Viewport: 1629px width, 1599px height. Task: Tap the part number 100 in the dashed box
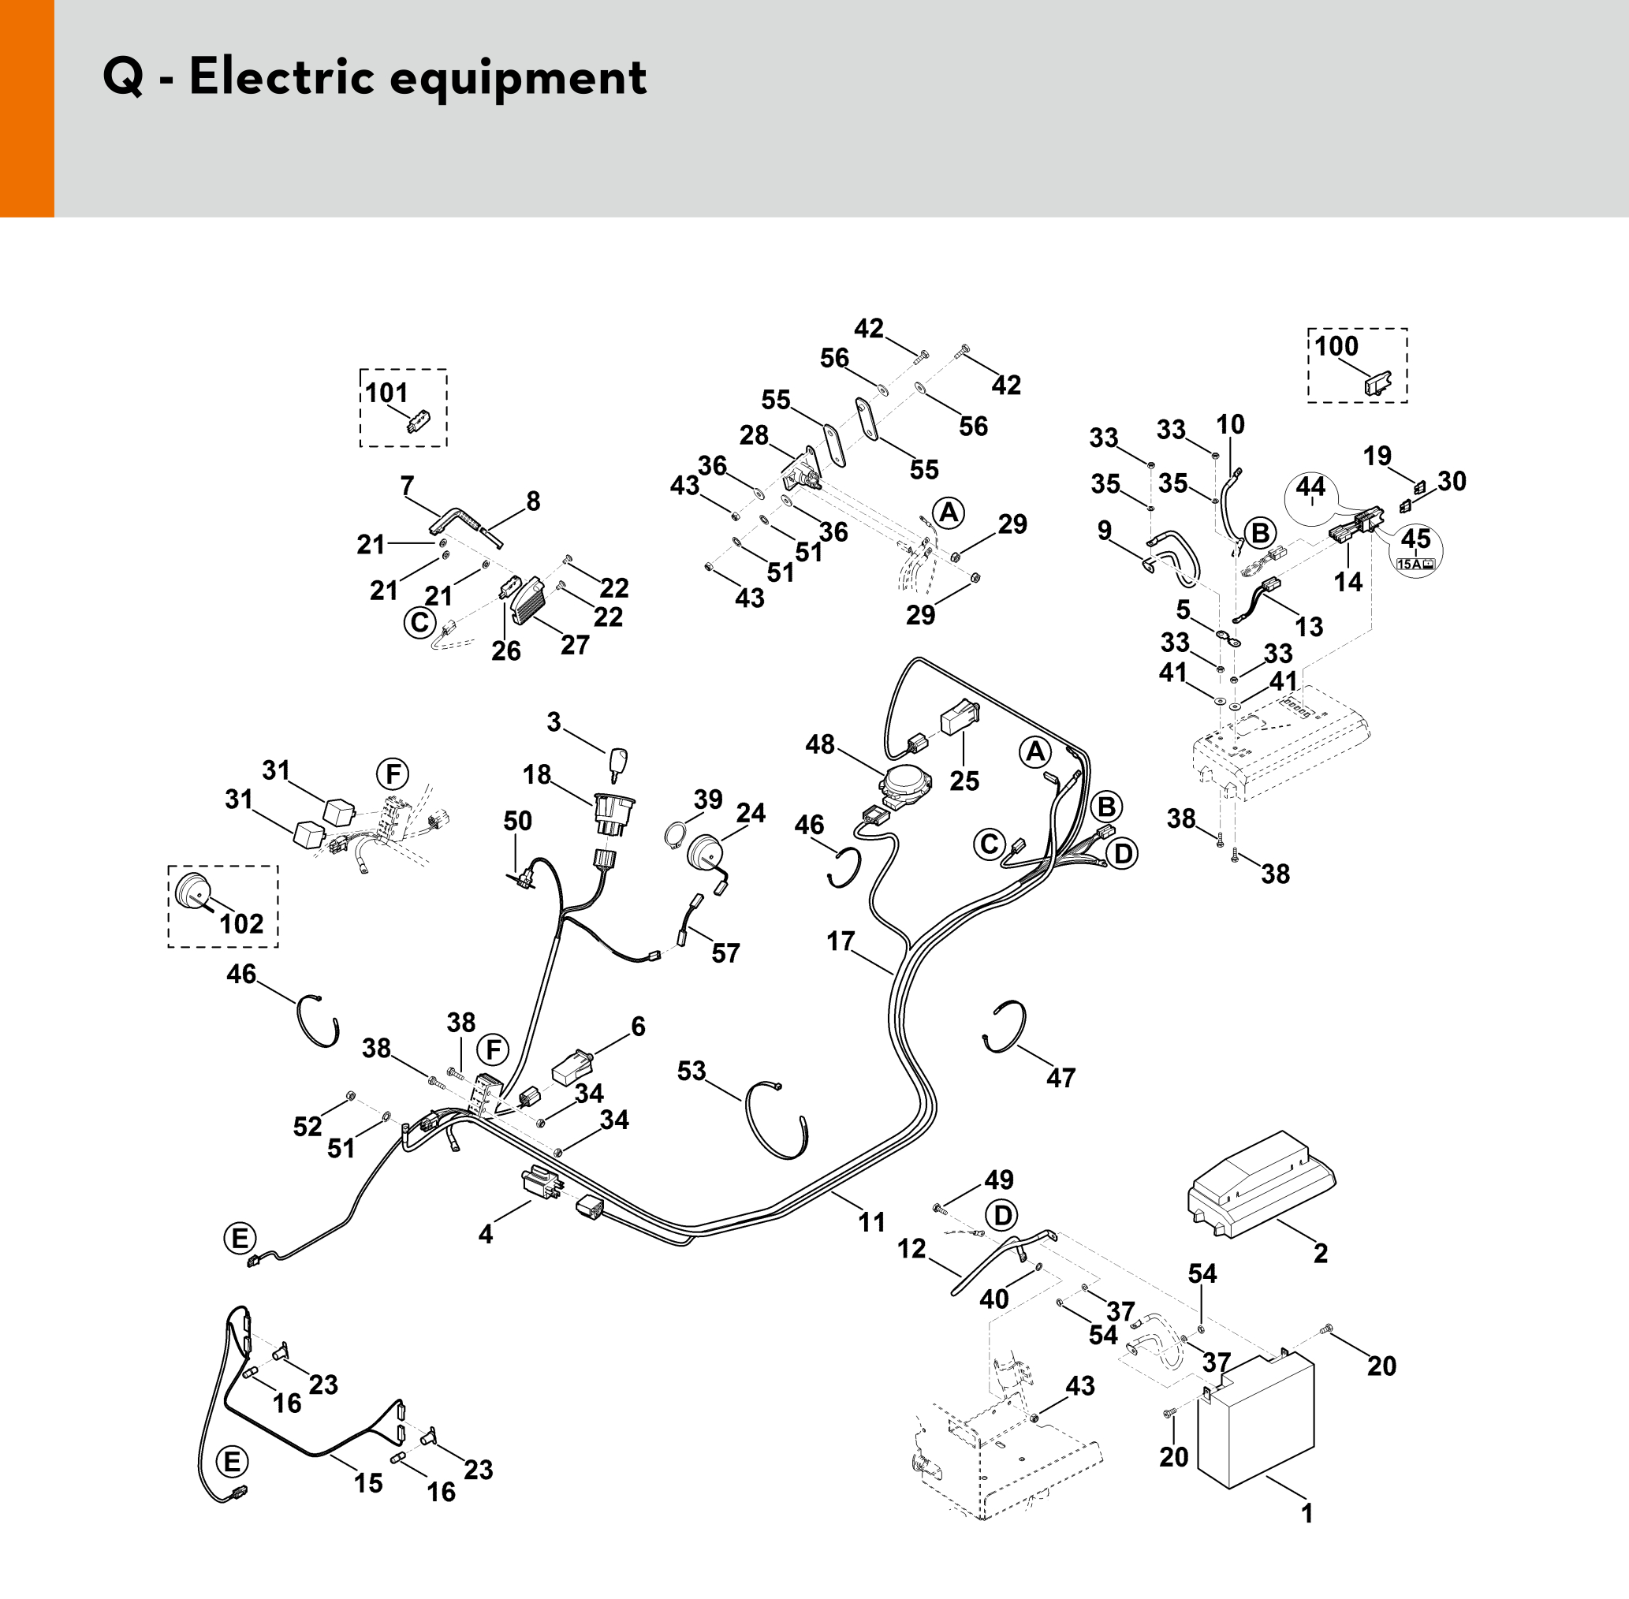1336,346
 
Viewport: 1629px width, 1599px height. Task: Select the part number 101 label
386,392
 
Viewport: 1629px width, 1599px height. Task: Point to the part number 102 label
241,924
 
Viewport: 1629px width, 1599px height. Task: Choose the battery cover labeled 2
1259,1184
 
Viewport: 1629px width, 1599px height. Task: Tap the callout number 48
819,744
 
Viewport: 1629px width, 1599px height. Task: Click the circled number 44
1310,487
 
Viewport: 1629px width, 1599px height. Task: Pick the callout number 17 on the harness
841,941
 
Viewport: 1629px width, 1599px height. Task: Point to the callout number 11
871,1222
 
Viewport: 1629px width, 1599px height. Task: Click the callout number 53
692,1071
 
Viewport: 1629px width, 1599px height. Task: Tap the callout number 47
1061,1078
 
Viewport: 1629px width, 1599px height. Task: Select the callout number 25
964,781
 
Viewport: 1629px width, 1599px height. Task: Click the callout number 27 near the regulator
574,644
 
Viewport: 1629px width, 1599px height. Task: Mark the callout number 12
911,1249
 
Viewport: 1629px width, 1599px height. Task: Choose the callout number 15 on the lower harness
367,1483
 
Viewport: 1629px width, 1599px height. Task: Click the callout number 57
725,953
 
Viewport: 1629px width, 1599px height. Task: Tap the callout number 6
638,1026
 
